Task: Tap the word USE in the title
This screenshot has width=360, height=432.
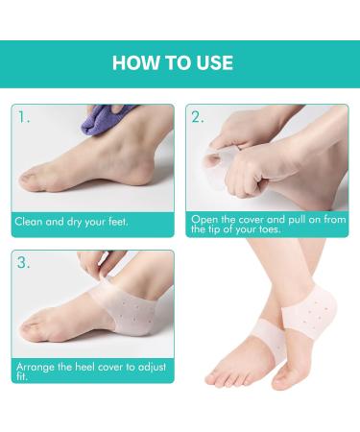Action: pyautogui.click(x=211, y=64)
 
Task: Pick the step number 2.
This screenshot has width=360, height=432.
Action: pyautogui.click(x=197, y=119)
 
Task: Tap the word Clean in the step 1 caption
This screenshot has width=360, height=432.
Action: pyautogui.click(x=29, y=221)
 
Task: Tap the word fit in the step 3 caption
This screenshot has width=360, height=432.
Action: pyautogui.click(x=19, y=377)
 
